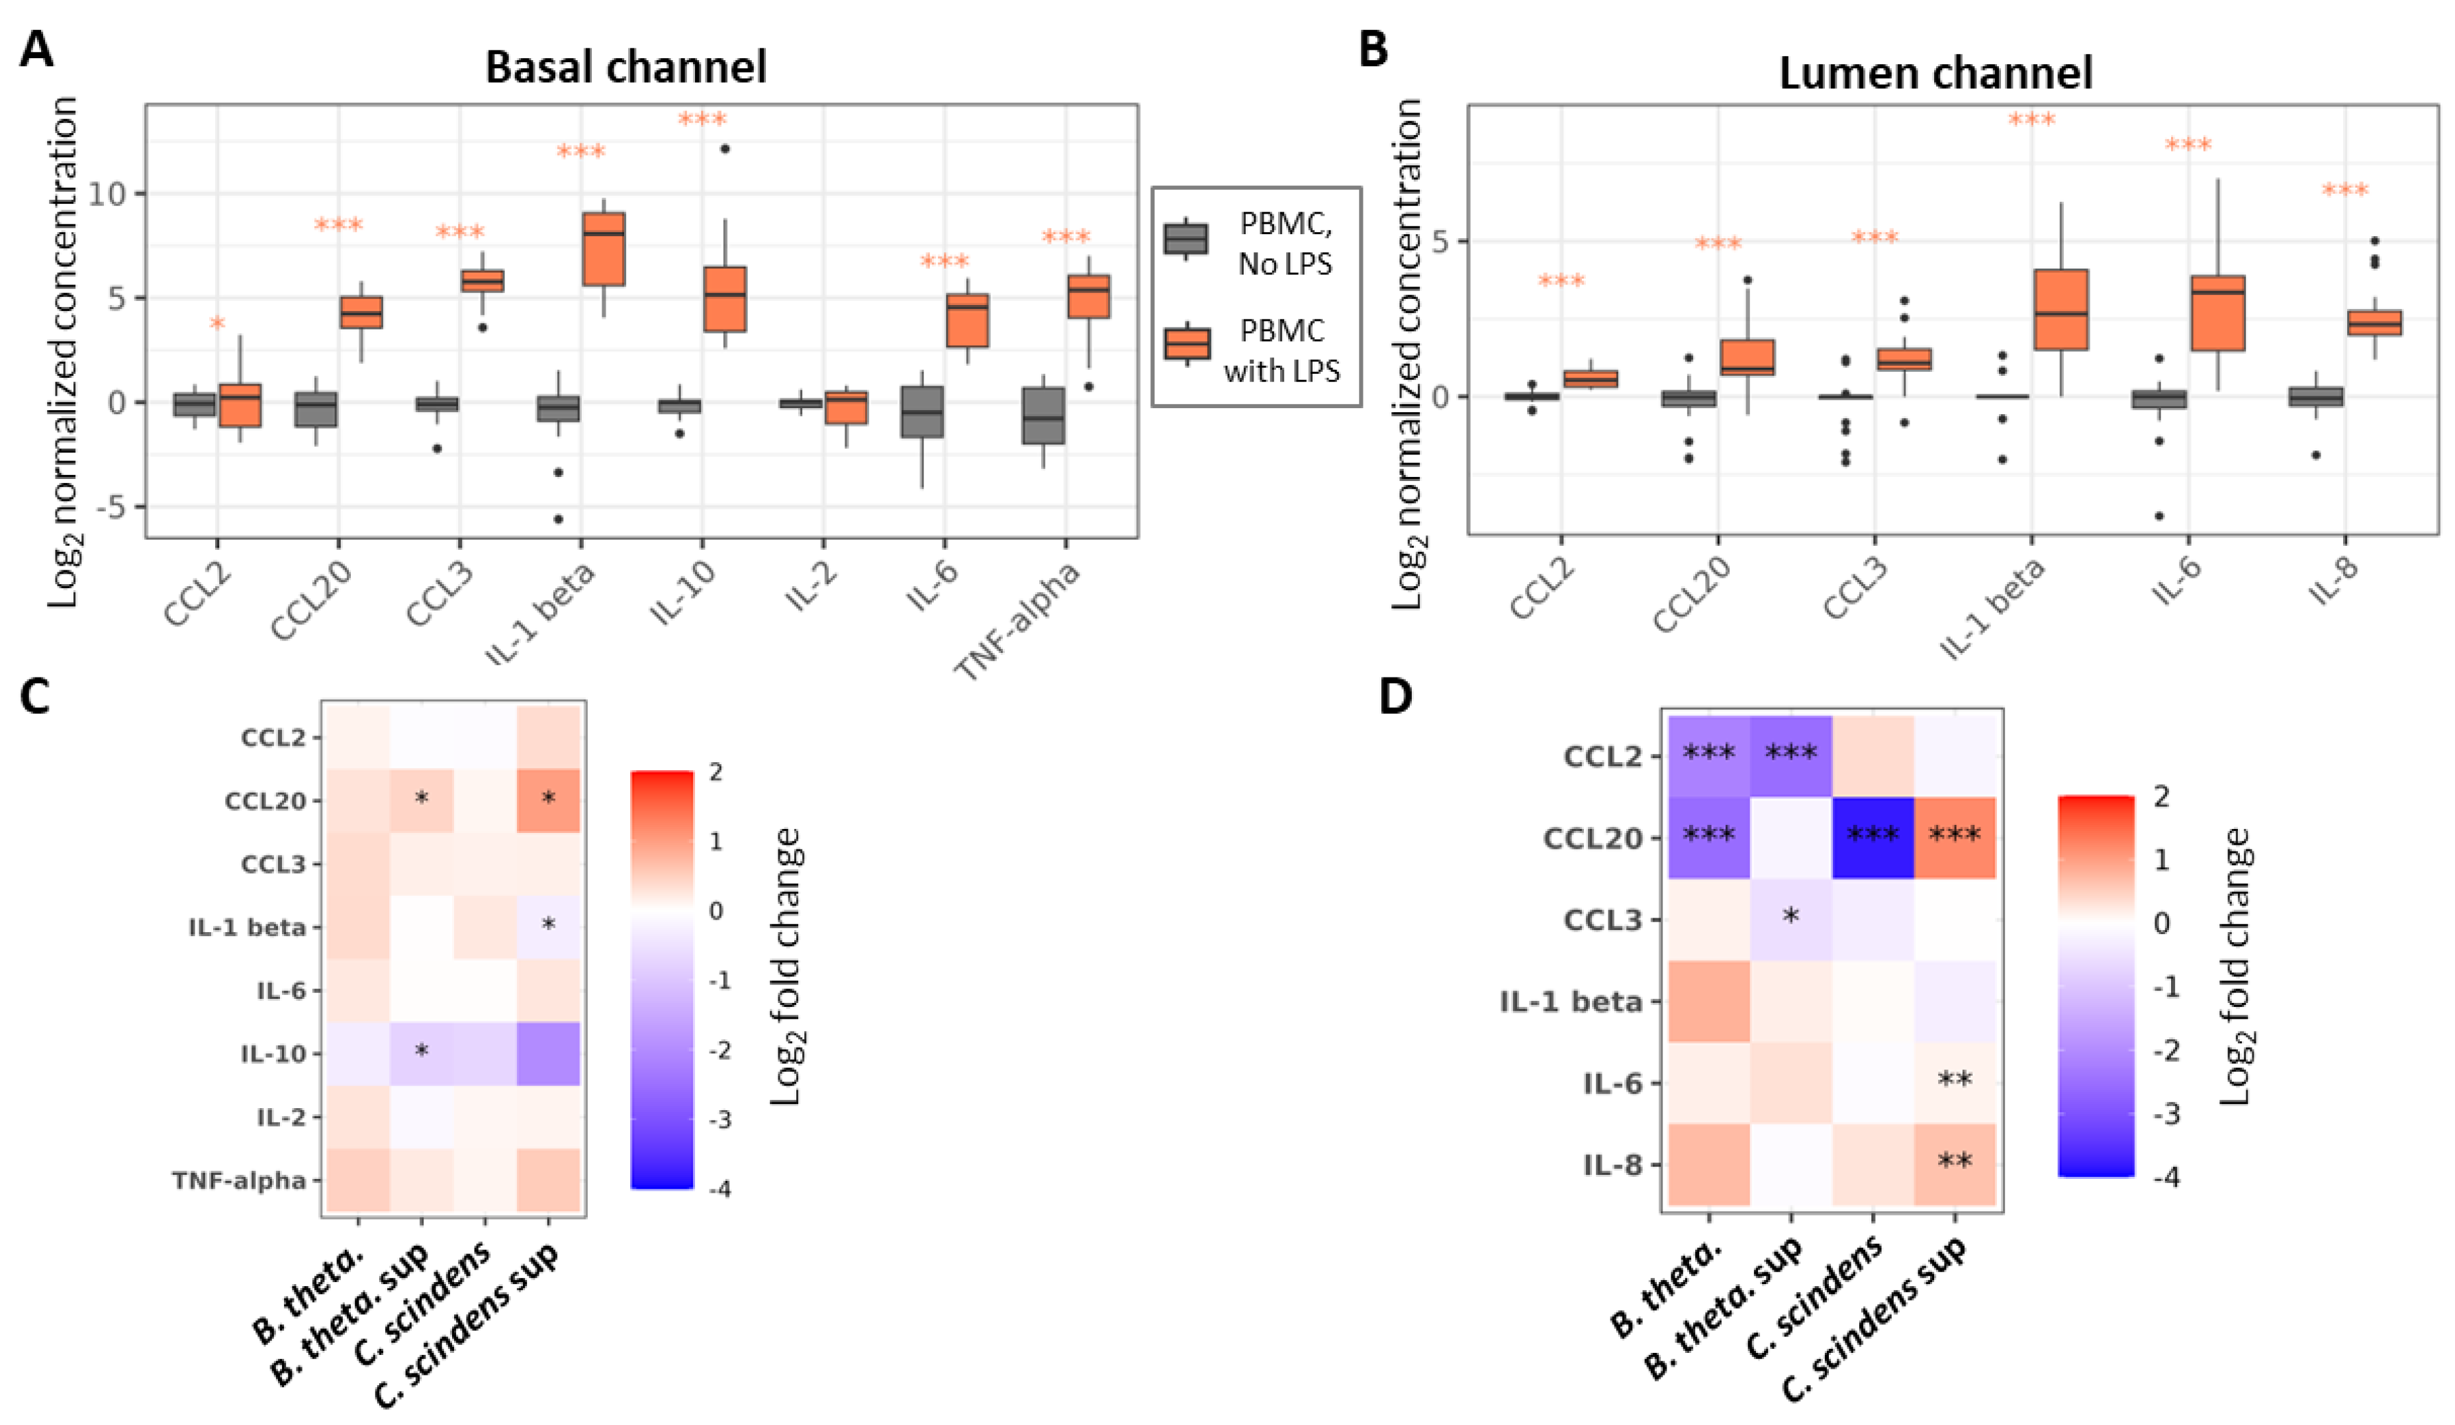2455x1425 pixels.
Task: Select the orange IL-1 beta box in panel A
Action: coord(604,248)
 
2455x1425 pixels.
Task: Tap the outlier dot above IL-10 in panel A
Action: coord(725,149)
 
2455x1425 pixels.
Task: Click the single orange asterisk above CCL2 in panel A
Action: coord(217,324)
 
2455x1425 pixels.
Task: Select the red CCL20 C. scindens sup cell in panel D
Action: coord(1954,838)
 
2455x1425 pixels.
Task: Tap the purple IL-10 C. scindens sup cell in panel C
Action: coord(549,1054)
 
